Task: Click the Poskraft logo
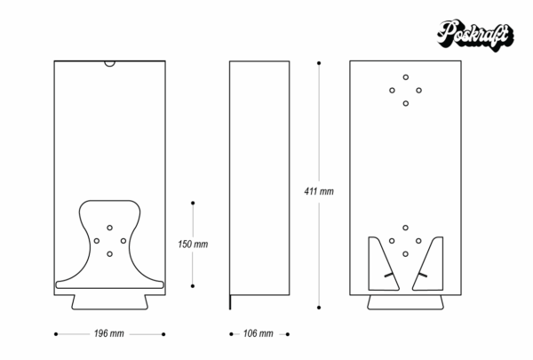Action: coord(475,36)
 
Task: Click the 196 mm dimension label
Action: coord(108,333)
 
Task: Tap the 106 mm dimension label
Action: coord(258,333)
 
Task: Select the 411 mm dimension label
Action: coord(319,191)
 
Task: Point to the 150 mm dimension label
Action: coord(193,244)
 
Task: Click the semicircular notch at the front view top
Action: coord(110,64)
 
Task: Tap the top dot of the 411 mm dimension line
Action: coord(319,63)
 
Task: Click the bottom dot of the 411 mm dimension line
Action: coord(319,308)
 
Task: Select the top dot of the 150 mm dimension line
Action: coord(193,203)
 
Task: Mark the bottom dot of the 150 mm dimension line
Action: coord(193,286)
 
